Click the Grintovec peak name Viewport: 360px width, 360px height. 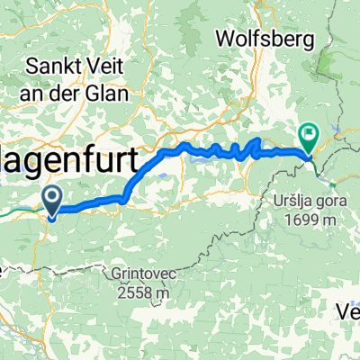[151, 272]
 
